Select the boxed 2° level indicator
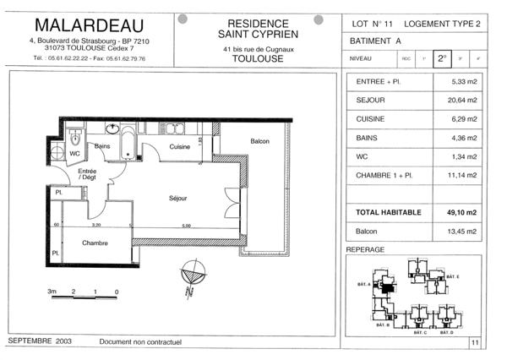[441, 58]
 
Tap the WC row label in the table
[364, 155]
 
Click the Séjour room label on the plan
[177, 198]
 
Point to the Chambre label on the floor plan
[95, 243]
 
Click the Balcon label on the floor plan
[259, 141]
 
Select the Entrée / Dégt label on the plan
[87, 175]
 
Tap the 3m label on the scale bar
[52, 292]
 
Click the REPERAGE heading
[366, 250]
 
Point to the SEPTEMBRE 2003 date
[39, 341]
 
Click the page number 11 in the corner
[475, 342]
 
